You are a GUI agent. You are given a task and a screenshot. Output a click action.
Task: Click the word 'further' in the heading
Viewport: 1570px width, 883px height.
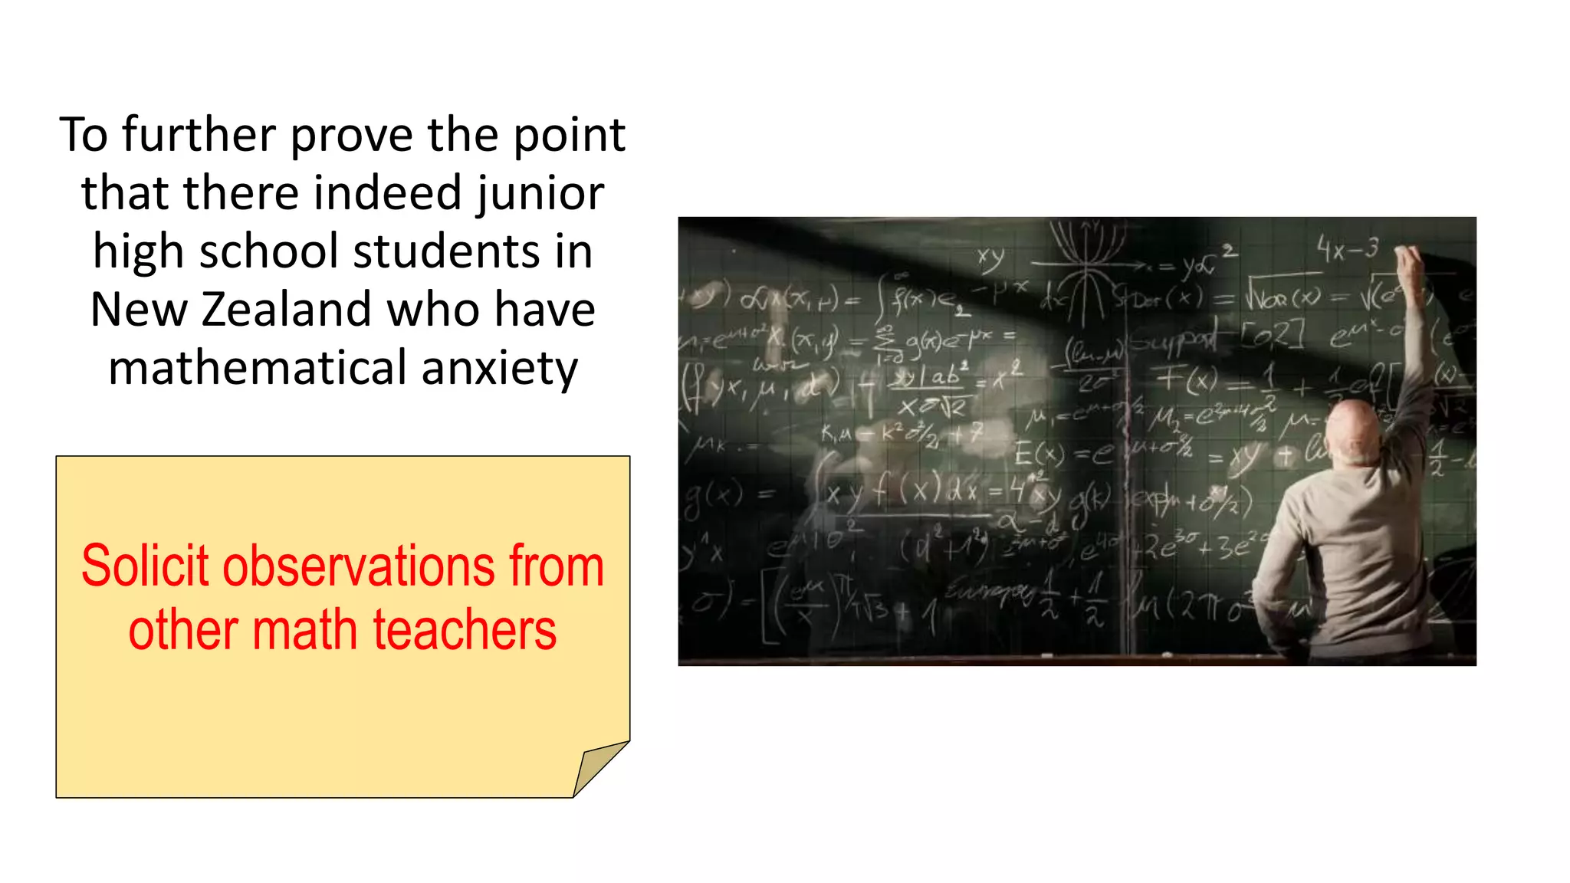click(x=199, y=135)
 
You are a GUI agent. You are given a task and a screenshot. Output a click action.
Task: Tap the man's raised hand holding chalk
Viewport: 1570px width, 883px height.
click(x=1409, y=264)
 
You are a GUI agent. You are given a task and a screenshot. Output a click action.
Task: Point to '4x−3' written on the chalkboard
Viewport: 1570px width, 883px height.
click(x=1347, y=248)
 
